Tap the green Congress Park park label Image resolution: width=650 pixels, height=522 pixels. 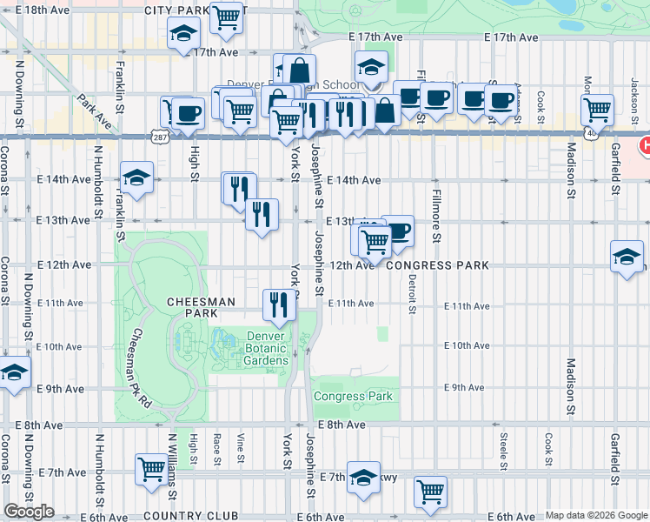(x=353, y=396)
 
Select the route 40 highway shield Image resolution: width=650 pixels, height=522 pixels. (x=590, y=133)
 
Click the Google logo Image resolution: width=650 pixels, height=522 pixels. (x=29, y=512)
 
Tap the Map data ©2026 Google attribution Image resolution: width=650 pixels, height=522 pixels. (x=596, y=515)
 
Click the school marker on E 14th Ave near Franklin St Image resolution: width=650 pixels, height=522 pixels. (x=136, y=178)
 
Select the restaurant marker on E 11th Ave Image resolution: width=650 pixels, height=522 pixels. (x=279, y=304)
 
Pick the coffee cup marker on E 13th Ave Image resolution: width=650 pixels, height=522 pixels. (x=397, y=231)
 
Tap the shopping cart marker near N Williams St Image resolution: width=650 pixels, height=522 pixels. (x=151, y=470)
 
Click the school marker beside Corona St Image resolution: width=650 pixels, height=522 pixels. (x=13, y=373)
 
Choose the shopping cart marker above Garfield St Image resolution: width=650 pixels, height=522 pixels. (x=597, y=110)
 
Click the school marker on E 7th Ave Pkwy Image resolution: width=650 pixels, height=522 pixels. (x=362, y=477)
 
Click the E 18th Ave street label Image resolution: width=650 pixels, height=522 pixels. (x=36, y=10)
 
